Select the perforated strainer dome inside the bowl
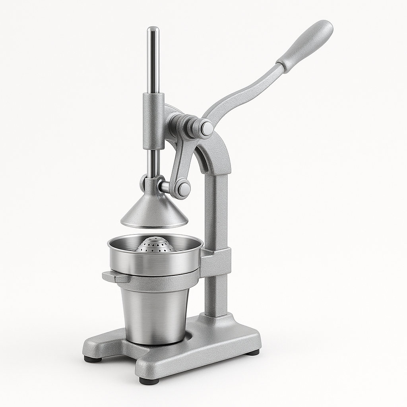[155, 245]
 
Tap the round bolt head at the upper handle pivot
[206, 128]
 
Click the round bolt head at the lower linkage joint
[183, 189]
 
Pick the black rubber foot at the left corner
[92, 359]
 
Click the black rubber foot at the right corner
[253, 352]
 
